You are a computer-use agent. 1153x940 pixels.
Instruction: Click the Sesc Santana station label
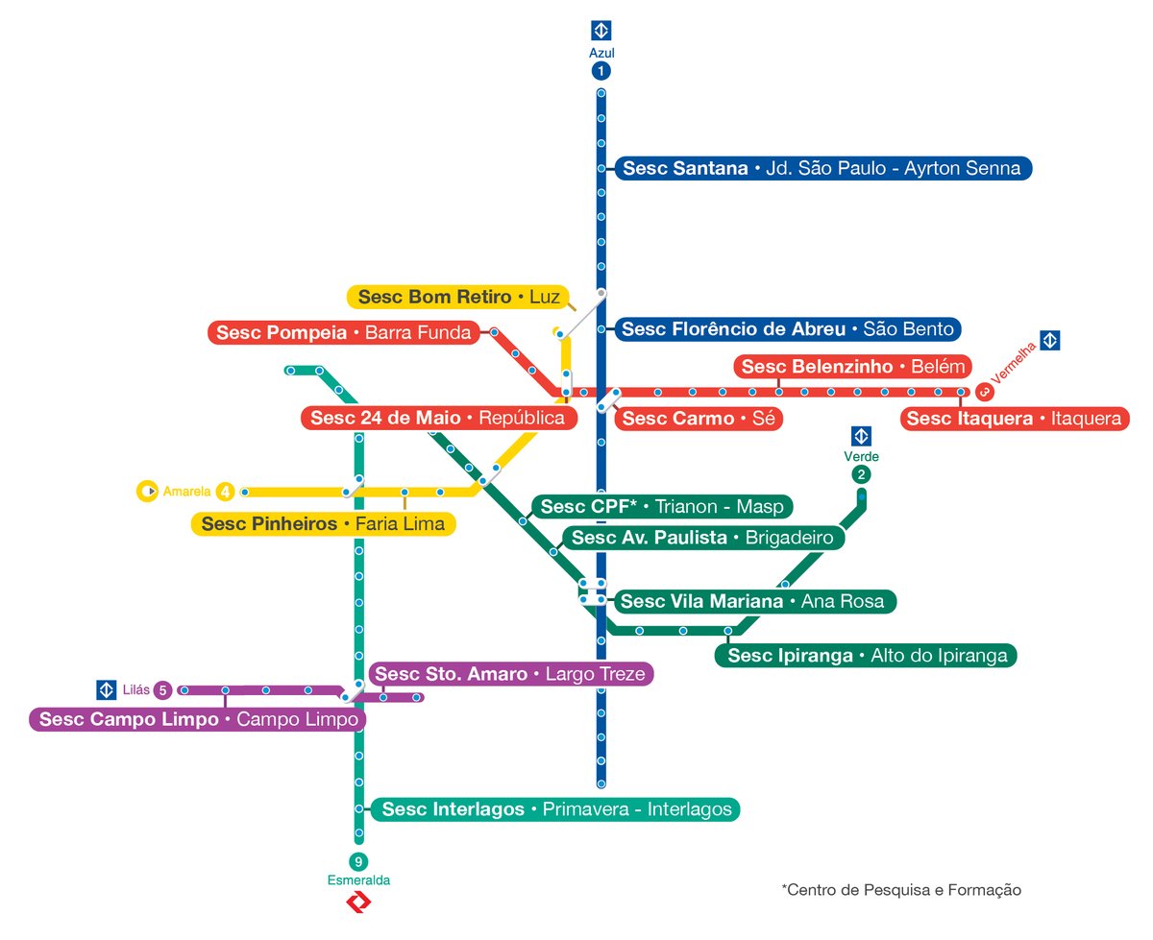pyautogui.click(x=822, y=168)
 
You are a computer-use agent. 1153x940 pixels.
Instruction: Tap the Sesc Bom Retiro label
pyautogui.click(x=458, y=298)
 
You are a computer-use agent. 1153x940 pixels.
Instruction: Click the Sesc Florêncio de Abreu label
pyautogui.click(x=787, y=329)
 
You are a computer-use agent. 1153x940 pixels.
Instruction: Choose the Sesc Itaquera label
pyautogui.click(x=1014, y=419)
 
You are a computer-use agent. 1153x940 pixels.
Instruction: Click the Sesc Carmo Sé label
pyautogui.click(x=697, y=419)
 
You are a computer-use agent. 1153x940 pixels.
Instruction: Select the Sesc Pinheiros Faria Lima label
pyautogui.click(x=323, y=524)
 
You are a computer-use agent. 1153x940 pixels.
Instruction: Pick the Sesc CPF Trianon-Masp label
pyautogui.click(x=662, y=506)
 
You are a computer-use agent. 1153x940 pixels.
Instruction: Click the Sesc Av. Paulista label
pyautogui.click(x=702, y=538)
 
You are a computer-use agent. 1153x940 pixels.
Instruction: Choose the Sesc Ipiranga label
pyautogui.click(x=867, y=656)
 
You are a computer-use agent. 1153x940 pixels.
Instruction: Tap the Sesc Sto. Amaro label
pyautogui.click(x=511, y=674)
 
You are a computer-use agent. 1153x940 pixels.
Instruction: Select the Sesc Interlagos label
pyautogui.click(x=556, y=809)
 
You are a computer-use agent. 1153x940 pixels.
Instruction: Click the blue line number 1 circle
pyautogui.click(x=601, y=71)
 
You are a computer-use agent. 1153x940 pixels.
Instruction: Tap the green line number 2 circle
pyautogui.click(x=862, y=474)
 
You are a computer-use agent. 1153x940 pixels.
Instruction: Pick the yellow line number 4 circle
pyautogui.click(x=225, y=492)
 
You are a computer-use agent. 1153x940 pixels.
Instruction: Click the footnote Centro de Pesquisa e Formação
pyautogui.click(x=901, y=890)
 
